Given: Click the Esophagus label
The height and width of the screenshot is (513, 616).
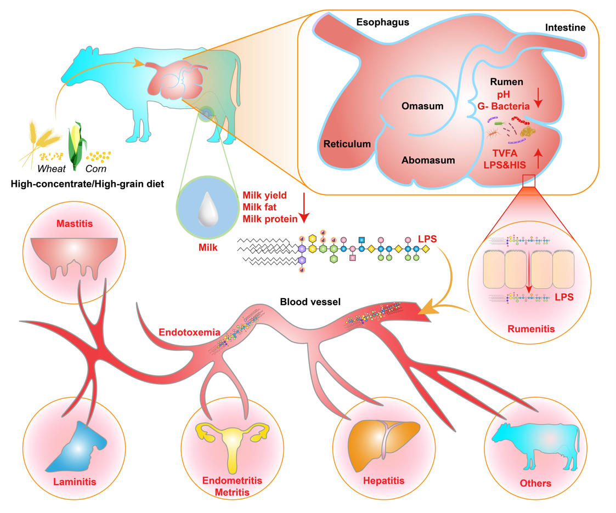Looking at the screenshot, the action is point(383,22).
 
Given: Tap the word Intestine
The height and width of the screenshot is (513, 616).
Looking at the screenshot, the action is point(565,27).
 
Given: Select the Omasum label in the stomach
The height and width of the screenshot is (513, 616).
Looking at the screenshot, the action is point(422,106).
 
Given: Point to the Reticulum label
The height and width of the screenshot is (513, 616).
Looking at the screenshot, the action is point(347,144).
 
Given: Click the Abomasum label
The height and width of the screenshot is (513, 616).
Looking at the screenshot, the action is point(428,160).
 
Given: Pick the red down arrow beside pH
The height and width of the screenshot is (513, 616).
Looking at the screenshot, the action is point(538,98).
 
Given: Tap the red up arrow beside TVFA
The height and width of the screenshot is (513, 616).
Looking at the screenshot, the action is point(538,158).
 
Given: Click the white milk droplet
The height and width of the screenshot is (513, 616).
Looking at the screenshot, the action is point(208,209).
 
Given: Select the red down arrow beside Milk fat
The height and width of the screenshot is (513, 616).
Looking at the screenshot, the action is point(304,208).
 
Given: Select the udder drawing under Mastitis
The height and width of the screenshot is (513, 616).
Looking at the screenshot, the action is point(74,257).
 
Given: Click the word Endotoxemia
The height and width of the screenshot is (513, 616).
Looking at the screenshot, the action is point(189,333).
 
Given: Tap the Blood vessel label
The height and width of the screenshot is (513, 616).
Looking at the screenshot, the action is point(310,302).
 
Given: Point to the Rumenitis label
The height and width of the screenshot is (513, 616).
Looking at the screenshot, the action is point(531,329).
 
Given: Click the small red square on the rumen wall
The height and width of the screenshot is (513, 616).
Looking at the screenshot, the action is point(529,181).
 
